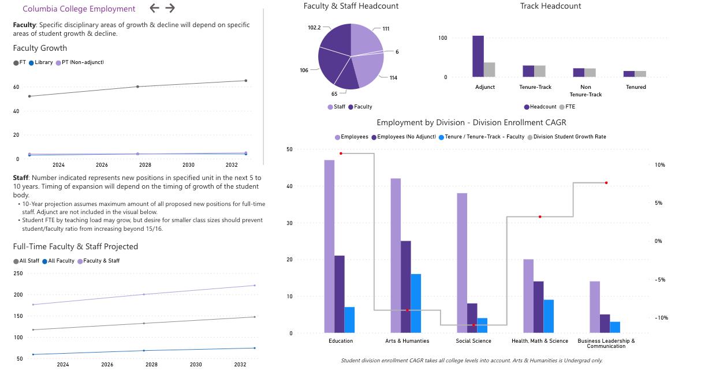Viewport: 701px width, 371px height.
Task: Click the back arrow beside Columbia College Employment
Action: click(154, 8)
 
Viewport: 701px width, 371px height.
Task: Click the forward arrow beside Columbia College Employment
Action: click(170, 8)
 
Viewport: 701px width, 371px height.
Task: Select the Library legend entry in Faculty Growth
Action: click(40, 62)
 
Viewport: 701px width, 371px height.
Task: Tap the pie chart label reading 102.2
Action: click(314, 28)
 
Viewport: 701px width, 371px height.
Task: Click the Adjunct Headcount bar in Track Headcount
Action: click(478, 56)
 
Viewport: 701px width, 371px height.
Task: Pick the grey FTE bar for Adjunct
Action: click(489, 69)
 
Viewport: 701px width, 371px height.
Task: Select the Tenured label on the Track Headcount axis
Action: click(636, 87)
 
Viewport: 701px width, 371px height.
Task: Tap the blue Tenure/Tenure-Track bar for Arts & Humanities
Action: click(416, 303)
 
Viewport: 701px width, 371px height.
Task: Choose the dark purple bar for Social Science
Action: click(472, 318)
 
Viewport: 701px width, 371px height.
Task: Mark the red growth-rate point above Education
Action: click(341, 153)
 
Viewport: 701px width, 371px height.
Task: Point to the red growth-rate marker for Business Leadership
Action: click(606, 183)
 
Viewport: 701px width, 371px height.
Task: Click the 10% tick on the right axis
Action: click(659, 165)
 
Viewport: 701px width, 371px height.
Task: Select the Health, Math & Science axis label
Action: click(540, 341)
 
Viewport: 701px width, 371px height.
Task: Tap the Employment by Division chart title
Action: click(471, 122)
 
